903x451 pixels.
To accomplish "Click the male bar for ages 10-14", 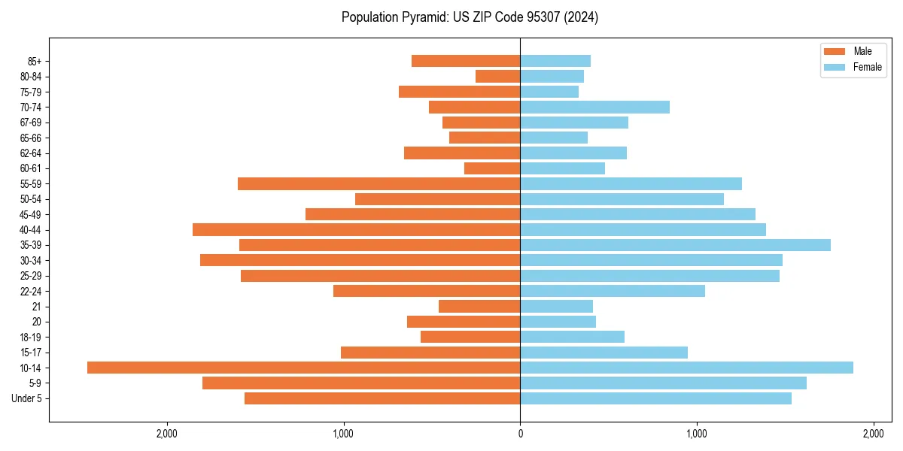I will coord(303,368).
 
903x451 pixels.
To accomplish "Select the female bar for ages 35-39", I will coord(675,245).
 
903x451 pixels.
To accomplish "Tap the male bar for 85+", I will coord(466,61).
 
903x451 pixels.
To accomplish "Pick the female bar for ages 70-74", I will coord(594,107).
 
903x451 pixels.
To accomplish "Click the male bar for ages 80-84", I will coord(497,77).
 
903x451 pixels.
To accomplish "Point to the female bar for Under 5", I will coord(655,398).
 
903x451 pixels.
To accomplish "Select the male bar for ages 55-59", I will coord(379,184).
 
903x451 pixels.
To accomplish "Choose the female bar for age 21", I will coord(556,307).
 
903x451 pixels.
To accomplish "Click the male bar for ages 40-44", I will coord(356,230).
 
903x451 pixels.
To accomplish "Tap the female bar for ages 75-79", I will coord(549,92).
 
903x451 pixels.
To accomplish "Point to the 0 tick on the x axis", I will coord(520,434).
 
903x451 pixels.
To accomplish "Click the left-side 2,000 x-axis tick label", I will coord(166,434).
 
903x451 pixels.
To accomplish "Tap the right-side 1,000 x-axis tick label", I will coord(697,434).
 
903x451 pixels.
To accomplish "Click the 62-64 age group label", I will coord(30,153).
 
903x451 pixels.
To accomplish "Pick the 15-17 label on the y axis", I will coord(30,353).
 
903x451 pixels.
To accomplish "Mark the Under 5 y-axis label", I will coord(26,398).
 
